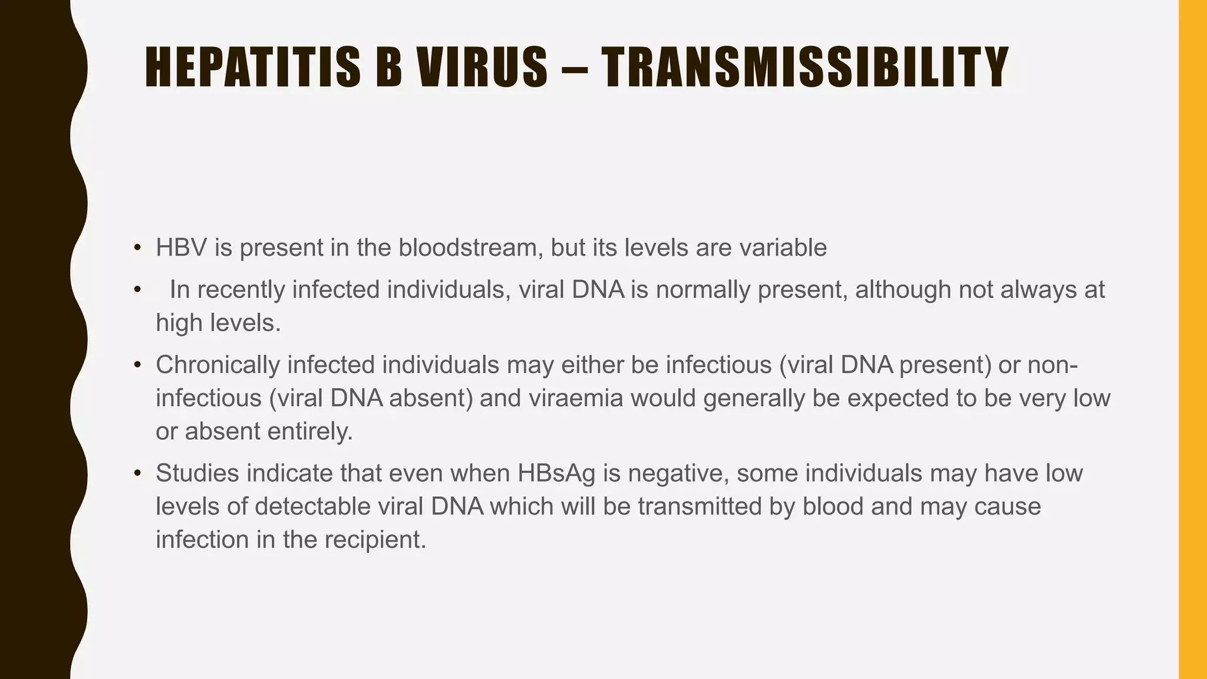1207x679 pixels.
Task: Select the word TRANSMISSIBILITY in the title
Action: pyautogui.click(x=806, y=68)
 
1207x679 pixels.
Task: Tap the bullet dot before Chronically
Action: pyautogui.click(x=137, y=365)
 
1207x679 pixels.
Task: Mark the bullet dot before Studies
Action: pyautogui.click(x=137, y=473)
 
